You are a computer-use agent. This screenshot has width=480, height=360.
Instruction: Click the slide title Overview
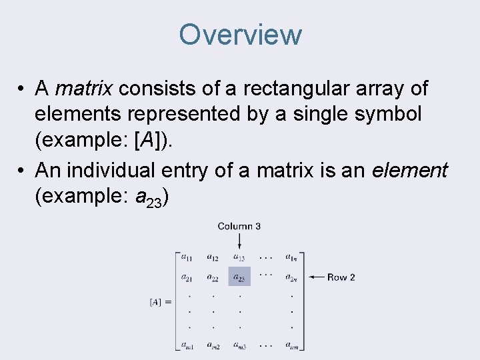click(x=240, y=35)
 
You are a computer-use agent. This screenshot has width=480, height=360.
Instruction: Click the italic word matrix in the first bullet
click(x=85, y=88)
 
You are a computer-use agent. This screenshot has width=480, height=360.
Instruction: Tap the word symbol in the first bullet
click(x=391, y=114)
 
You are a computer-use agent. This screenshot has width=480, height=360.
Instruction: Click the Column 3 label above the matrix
click(x=239, y=226)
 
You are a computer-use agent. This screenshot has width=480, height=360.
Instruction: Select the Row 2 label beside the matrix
click(x=341, y=277)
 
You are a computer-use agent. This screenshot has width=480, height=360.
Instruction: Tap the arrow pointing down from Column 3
click(x=239, y=241)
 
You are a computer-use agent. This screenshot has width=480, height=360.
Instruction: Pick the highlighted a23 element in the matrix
click(x=239, y=277)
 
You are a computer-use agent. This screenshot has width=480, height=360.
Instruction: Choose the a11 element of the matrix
click(x=187, y=257)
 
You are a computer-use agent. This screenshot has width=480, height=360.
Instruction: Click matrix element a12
click(x=213, y=257)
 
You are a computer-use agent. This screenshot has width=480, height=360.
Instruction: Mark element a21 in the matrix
click(x=187, y=277)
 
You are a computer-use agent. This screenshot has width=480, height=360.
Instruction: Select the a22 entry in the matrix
click(x=213, y=277)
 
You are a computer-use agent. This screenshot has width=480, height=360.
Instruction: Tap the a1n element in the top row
click(x=291, y=257)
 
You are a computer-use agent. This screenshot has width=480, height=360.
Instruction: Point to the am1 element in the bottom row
click(x=187, y=345)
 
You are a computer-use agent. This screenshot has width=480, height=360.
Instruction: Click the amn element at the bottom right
click(x=291, y=345)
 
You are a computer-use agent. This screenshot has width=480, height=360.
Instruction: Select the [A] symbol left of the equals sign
click(x=155, y=302)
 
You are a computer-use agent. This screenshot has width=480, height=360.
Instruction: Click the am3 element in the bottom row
click(x=239, y=345)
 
